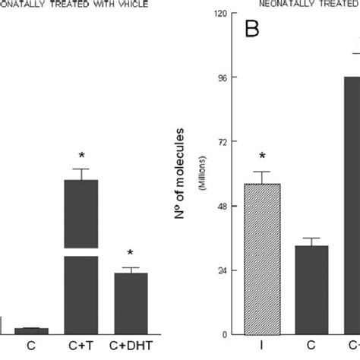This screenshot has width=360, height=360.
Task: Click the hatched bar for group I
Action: (x=262, y=259)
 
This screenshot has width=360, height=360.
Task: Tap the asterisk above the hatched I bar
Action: (x=262, y=156)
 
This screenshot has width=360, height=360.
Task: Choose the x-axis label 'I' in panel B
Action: (x=262, y=346)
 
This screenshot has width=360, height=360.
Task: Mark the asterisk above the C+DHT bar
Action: (x=131, y=254)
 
